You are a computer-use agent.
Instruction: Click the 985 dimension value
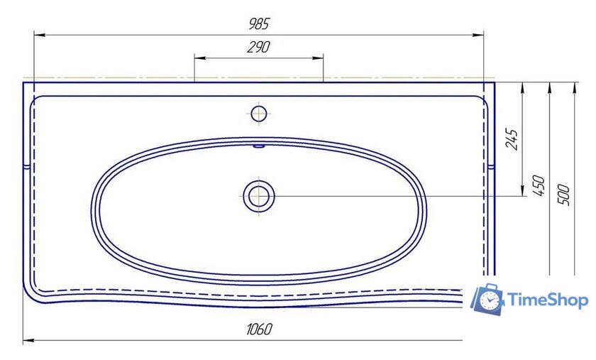[259, 23]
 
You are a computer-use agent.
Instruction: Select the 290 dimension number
[258, 47]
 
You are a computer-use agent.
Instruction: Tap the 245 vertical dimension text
[512, 139]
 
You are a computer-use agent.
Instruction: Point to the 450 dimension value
[539, 185]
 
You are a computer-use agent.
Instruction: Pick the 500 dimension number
[563, 195]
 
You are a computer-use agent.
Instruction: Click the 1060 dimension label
[259, 329]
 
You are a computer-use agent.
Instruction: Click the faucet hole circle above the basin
[259, 114]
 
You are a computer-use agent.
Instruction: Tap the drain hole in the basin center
[259, 197]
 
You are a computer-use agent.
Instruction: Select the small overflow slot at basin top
[259, 146]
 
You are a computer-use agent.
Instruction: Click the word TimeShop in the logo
[548, 300]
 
